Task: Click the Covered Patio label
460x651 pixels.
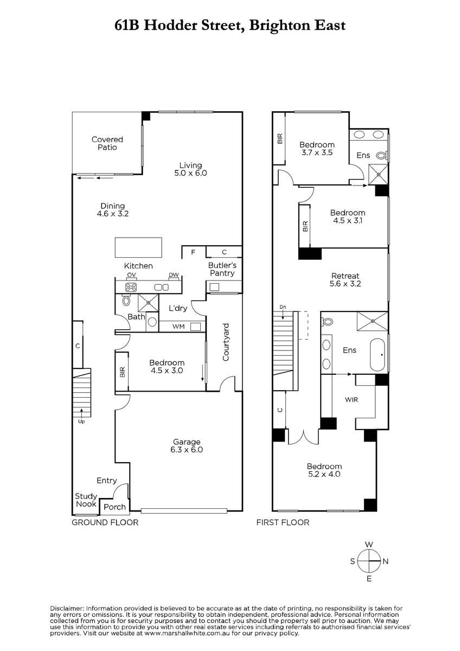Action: tap(107, 143)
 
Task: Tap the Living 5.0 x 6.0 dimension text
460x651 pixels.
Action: tap(190, 173)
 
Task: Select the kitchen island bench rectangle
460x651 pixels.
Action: tap(138, 247)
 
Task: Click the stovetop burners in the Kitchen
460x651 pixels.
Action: tap(131, 287)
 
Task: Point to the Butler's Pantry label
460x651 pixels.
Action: tap(222, 269)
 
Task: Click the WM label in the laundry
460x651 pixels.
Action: tap(178, 327)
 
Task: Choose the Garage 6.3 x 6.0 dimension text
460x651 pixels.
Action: tap(187, 450)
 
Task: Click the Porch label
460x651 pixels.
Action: tap(115, 507)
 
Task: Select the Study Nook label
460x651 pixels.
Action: tap(86, 500)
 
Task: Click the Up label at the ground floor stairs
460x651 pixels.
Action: tap(81, 422)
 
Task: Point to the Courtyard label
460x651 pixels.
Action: tap(226, 342)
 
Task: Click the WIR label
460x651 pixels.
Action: tap(352, 400)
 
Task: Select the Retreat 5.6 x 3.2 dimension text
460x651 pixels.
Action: tap(345, 284)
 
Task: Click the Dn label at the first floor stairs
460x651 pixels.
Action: tap(283, 307)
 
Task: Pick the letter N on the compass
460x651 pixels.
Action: tap(386, 561)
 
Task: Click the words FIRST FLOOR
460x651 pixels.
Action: tap(283, 522)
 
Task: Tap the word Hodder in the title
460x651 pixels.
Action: tap(170, 25)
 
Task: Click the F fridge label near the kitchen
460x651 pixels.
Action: tap(193, 252)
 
